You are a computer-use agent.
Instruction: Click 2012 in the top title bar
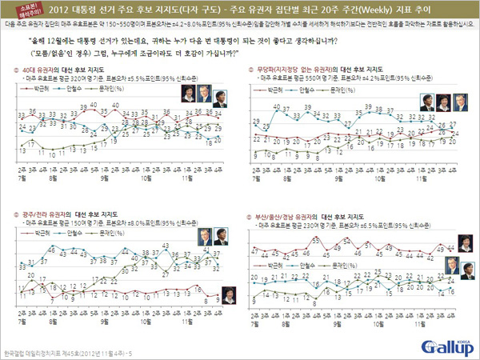(x=72, y=10)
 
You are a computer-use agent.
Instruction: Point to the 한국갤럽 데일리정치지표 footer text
(x=56, y=352)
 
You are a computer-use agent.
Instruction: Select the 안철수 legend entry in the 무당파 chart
(x=310, y=92)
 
